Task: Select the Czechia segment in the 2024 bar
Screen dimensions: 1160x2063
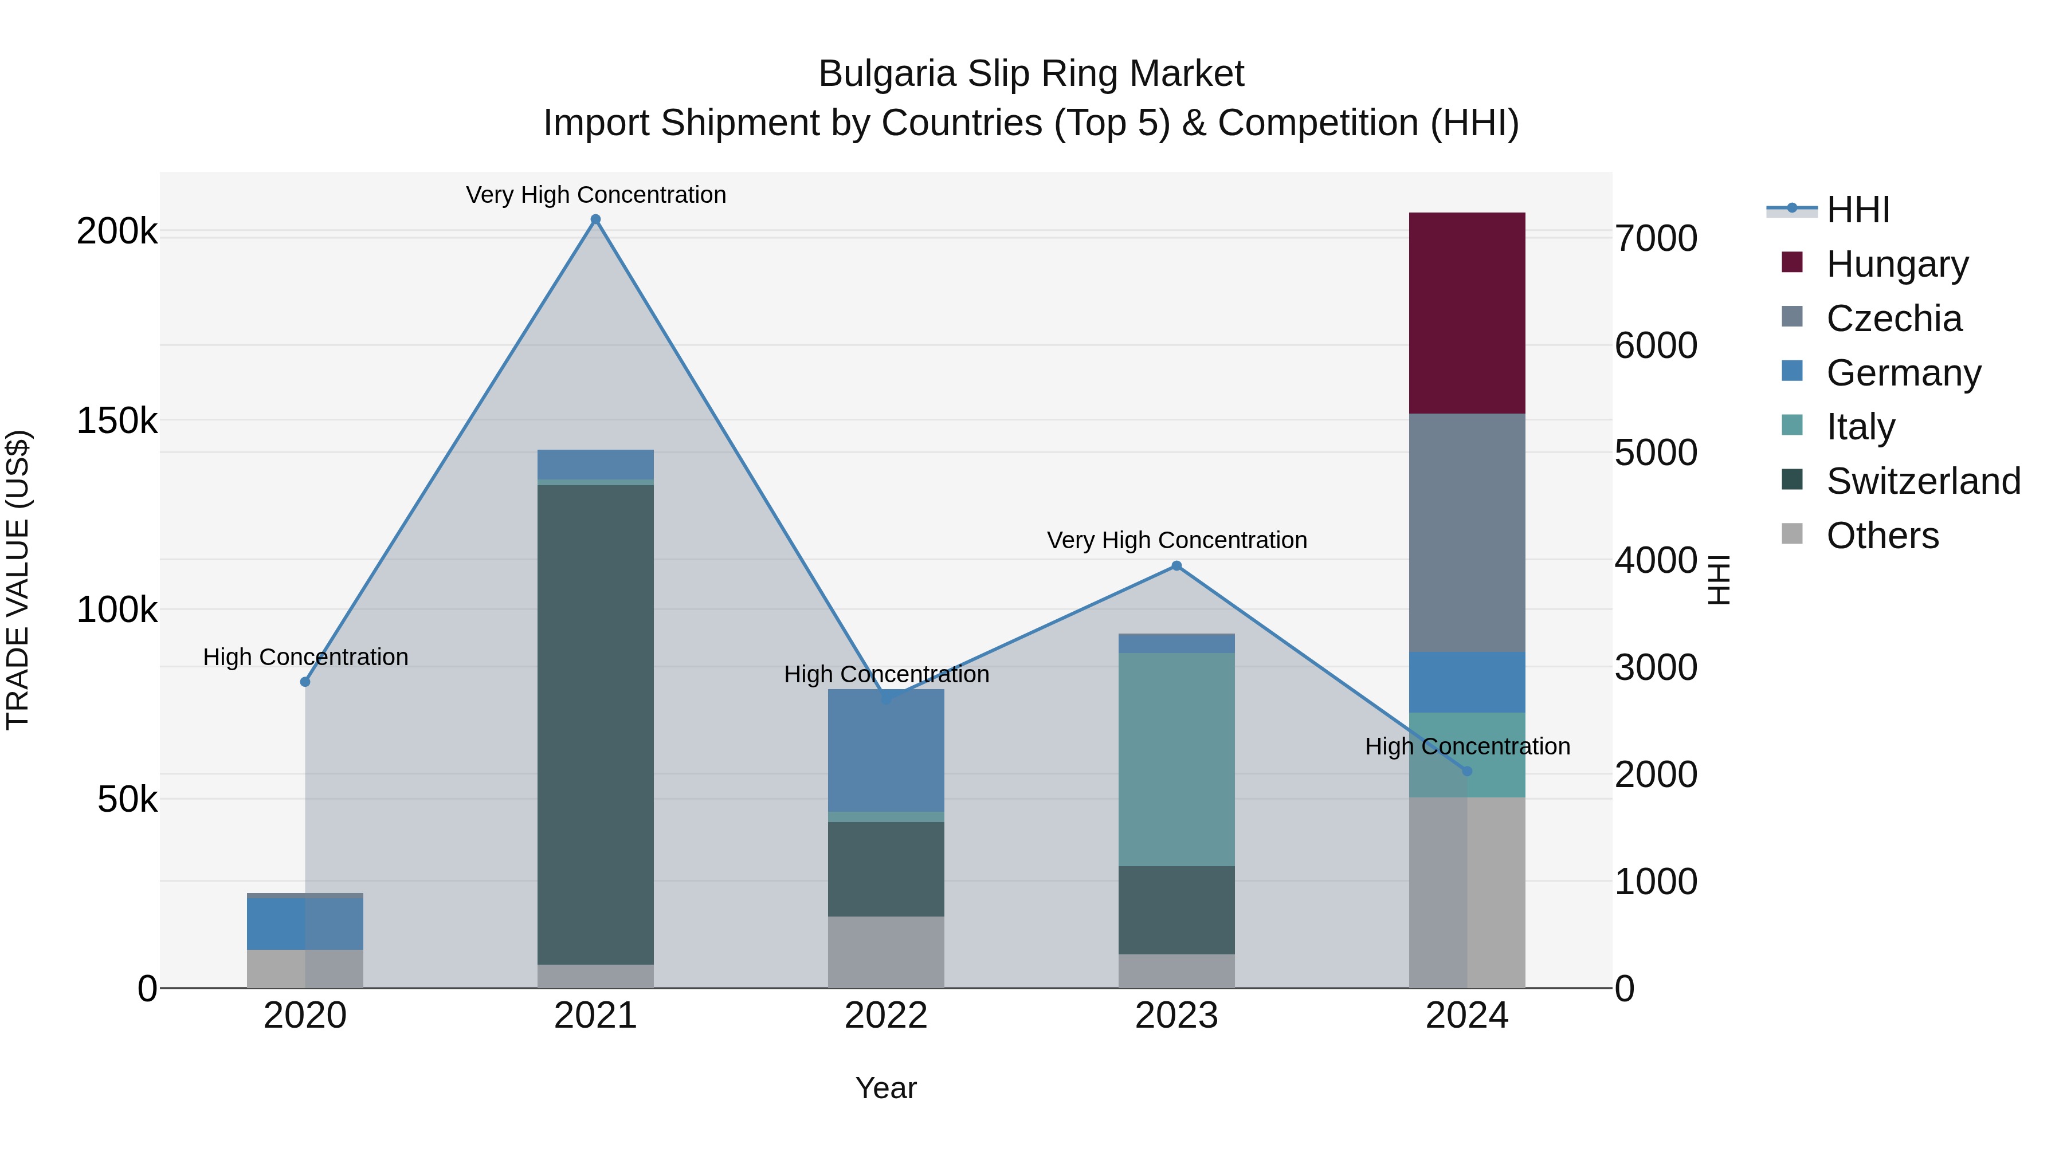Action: click(x=1466, y=532)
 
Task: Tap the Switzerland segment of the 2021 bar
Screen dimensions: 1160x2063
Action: click(x=595, y=725)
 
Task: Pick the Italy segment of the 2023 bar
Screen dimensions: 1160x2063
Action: click(x=1176, y=759)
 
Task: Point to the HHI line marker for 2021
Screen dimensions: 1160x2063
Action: click(x=595, y=219)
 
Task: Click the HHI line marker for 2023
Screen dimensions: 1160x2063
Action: click(x=1176, y=566)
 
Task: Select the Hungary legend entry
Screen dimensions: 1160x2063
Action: click(x=1896, y=264)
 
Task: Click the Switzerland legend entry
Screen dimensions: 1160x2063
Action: click(x=1922, y=481)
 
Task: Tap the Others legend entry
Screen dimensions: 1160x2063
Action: click(x=1882, y=535)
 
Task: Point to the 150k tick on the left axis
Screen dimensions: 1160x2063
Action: click(x=117, y=421)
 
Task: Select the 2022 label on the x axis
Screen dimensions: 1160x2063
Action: click(x=886, y=1016)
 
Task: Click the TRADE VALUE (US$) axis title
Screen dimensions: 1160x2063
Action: click(x=18, y=580)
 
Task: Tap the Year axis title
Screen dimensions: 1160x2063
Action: click(x=886, y=1088)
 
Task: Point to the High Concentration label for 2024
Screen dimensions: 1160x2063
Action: click(x=1467, y=746)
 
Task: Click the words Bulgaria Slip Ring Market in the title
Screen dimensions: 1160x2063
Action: click(x=1031, y=74)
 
